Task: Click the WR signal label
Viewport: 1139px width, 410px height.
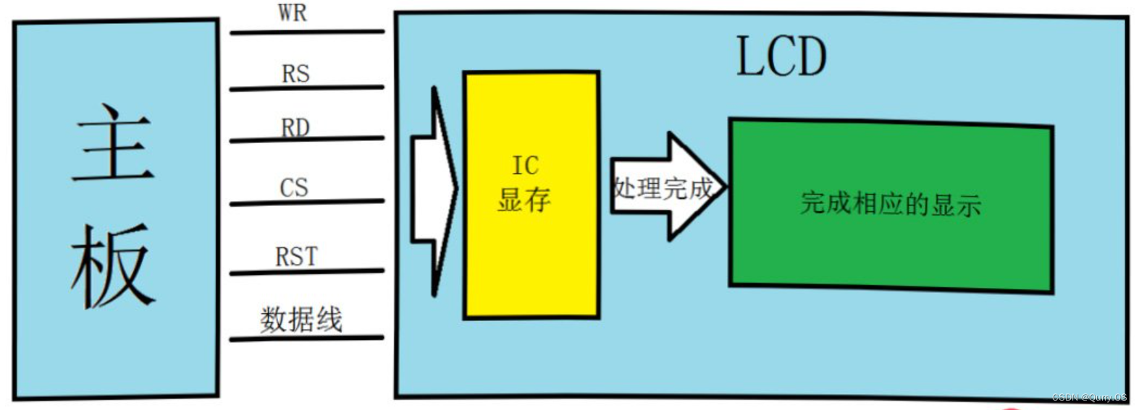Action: (x=293, y=13)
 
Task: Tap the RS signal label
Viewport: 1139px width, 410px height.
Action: (x=295, y=73)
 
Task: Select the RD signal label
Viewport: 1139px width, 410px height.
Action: (x=295, y=127)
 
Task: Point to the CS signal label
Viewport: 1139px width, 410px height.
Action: (x=294, y=187)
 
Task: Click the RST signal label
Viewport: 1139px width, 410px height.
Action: (x=296, y=256)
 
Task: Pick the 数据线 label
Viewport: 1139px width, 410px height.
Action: (x=301, y=319)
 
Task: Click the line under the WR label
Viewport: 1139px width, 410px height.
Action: (x=307, y=32)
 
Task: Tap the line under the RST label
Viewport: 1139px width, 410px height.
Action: (x=307, y=272)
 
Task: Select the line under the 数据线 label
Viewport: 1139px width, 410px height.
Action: (x=307, y=338)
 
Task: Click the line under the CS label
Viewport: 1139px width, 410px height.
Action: (x=307, y=202)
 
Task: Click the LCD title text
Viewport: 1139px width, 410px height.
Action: (x=781, y=56)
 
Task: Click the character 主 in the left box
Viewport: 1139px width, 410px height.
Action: (x=114, y=142)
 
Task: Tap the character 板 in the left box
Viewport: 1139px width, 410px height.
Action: (x=113, y=265)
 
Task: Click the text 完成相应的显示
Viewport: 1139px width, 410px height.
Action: (x=891, y=204)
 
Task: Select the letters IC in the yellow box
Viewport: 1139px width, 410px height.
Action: (x=525, y=166)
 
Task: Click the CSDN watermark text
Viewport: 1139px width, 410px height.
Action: (x=1088, y=397)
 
